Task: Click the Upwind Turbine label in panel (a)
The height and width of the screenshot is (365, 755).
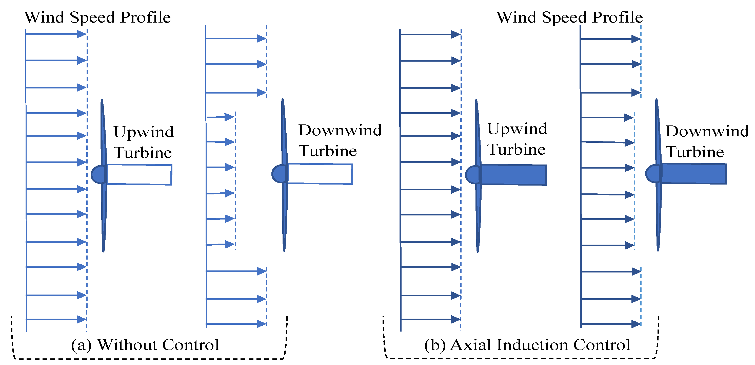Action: tap(143, 142)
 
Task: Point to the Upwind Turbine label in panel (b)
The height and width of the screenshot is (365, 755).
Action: tap(517, 139)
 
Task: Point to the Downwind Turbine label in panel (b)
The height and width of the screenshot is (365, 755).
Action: tap(707, 141)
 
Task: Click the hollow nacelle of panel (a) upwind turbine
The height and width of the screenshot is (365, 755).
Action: tap(139, 175)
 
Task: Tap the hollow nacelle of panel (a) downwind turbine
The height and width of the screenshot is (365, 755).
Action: tap(320, 174)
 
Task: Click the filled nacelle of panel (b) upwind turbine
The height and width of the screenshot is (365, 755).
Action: tap(513, 175)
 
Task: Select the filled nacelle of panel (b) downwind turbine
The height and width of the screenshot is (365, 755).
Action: tap(694, 174)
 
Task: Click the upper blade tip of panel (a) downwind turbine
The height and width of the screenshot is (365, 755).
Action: tap(283, 101)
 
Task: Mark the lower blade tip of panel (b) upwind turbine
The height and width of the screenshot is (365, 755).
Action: tap(478, 250)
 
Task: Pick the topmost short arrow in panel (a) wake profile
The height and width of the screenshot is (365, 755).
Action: tap(221, 117)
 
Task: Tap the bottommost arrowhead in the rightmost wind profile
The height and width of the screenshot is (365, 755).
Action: tap(636, 324)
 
